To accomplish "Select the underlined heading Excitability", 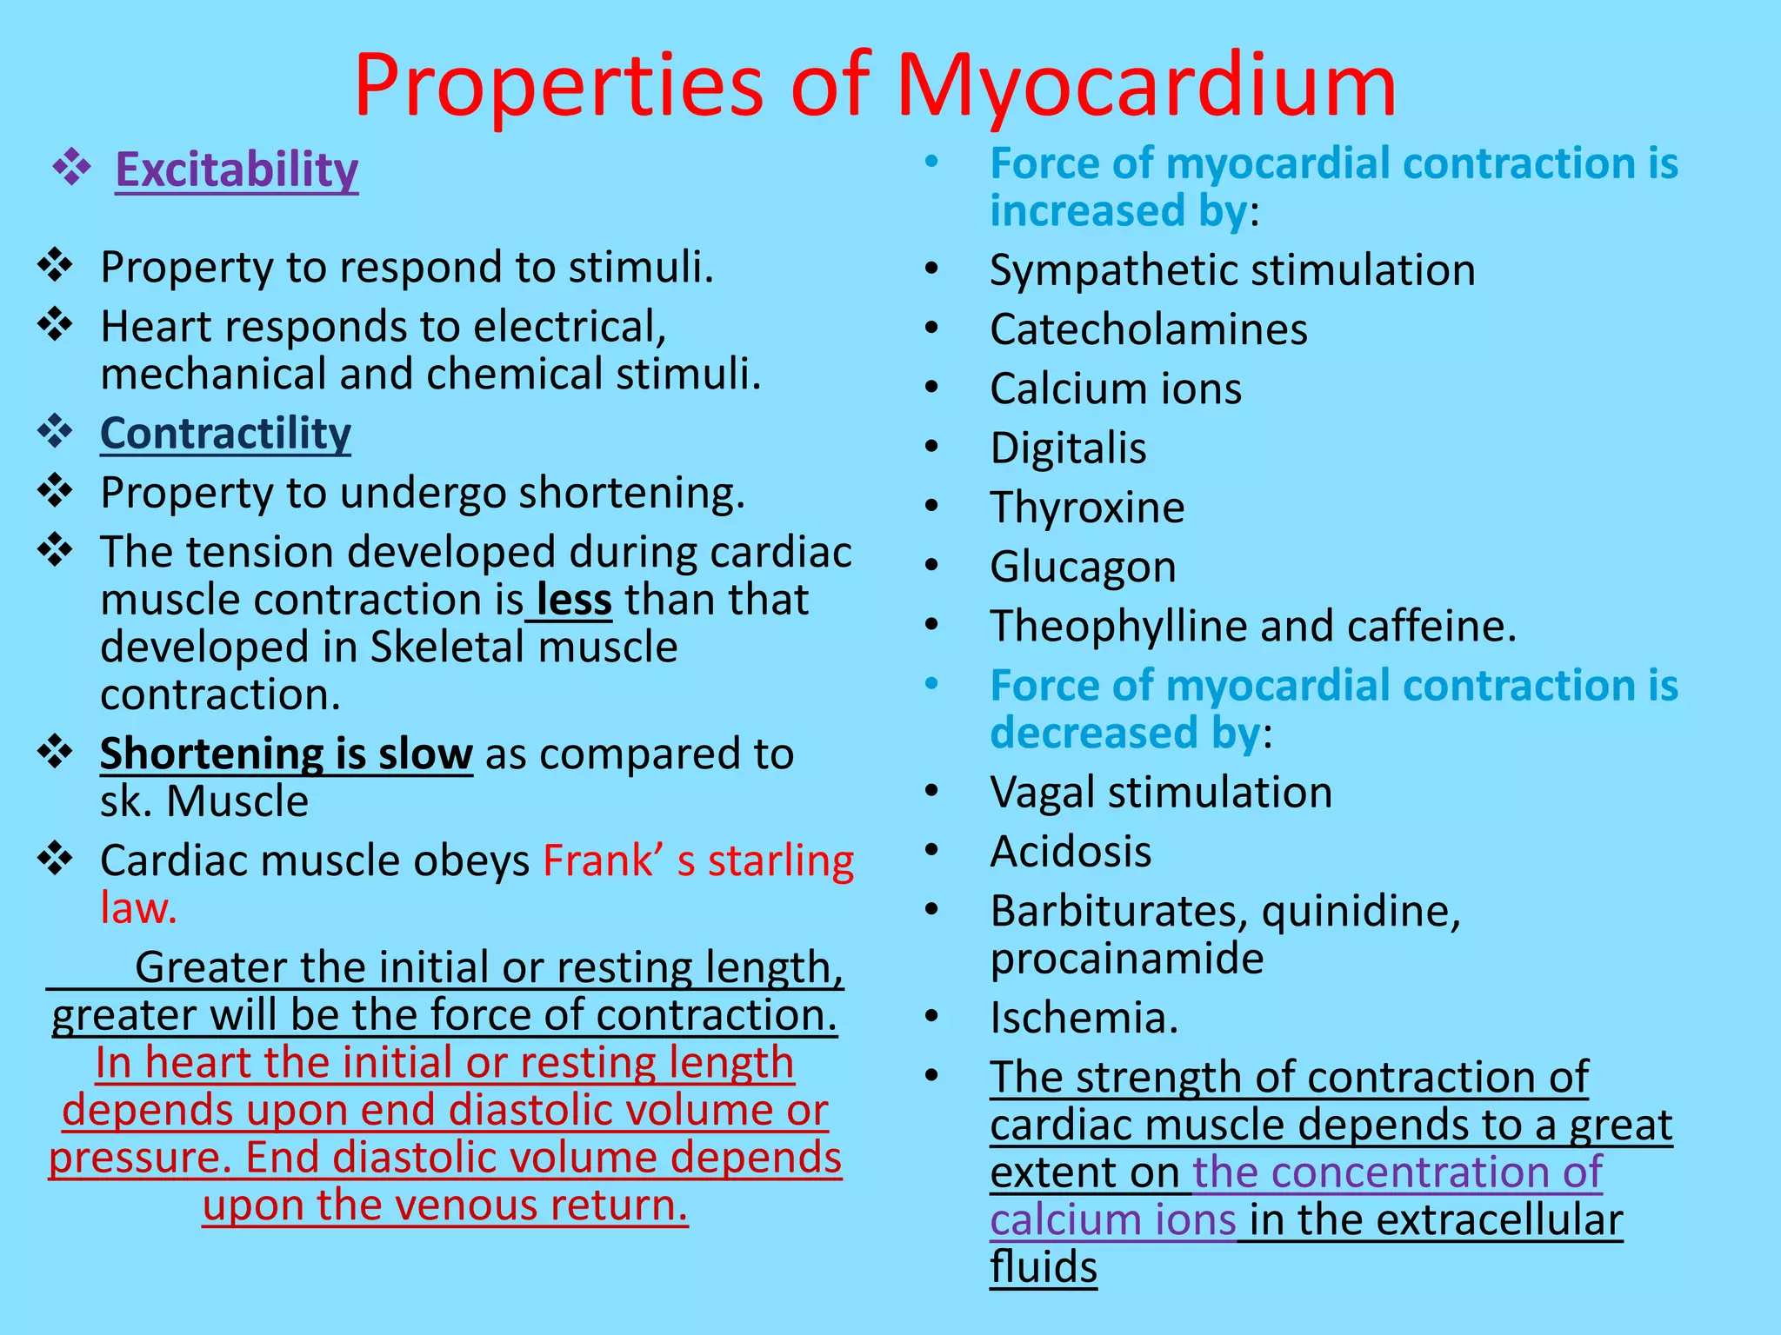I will coord(237,169).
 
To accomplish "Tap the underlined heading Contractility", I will coord(225,433).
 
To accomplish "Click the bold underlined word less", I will coord(574,600).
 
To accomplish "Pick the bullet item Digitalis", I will coord(1068,448).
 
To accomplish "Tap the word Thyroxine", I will coord(1087,508).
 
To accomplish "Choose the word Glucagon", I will coord(1083,568).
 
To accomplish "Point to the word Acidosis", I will coord(1071,852).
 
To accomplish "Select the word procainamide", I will coord(1126,959).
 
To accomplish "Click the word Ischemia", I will coord(1084,1018).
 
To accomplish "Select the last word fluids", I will coord(1043,1267).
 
